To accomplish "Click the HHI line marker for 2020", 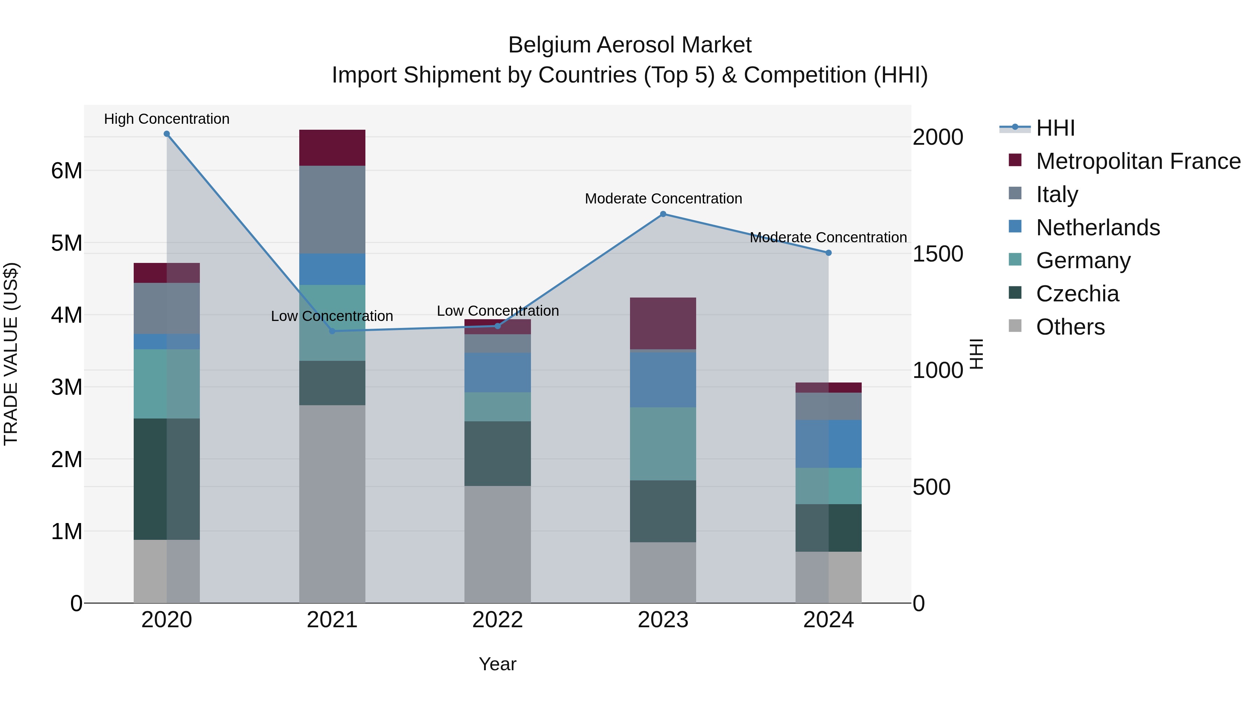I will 167,134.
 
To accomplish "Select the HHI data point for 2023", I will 663,214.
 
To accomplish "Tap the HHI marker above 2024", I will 828,253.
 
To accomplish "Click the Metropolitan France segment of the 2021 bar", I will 332,148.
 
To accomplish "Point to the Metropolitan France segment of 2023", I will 663,323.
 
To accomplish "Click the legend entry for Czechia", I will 1077,294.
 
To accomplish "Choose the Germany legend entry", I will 1083,260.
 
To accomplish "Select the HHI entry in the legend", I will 1055,128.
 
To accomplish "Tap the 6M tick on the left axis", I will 66,171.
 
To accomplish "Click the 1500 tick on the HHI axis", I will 938,253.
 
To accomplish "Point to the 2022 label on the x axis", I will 497,620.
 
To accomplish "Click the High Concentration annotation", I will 167,119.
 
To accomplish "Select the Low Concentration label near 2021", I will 332,316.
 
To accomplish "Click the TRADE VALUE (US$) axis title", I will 11,354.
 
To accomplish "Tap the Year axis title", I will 497,664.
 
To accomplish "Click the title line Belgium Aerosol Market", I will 630,45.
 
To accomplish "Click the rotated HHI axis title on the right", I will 976,354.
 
